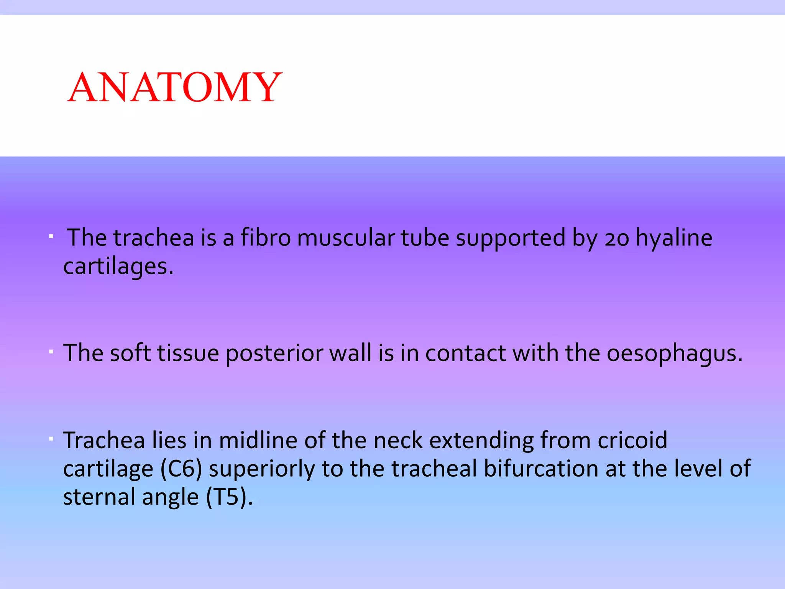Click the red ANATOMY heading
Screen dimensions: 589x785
point(174,87)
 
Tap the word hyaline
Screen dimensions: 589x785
point(674,238)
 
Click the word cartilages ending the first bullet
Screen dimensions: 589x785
point(118,267)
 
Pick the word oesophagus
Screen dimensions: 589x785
point(674,354)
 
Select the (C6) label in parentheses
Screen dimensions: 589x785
point(181,469)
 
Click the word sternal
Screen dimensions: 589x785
point(99,497)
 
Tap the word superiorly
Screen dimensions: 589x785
point(261,469)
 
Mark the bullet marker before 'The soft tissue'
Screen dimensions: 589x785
point(51,351)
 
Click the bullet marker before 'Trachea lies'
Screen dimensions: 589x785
point(51,438)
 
